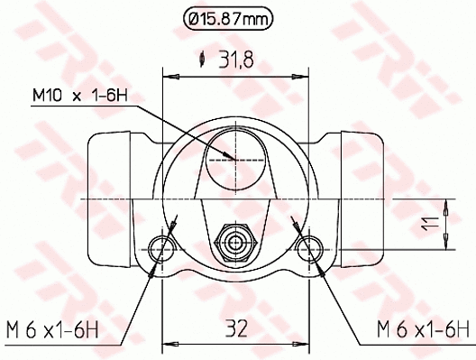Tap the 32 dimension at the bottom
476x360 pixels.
pyautogui.click(x=237, y=328)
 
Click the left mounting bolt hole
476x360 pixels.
pyautogui.click(x=163, y=246)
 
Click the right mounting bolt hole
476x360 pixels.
pyautogui.click(x=310, y=246)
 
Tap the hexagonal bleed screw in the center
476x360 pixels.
pyautogui.click(x=236, y=241)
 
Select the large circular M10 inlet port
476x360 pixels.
pyautogui.click(x=235, y=160)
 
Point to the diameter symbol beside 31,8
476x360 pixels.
pyautogui.click(x=204, y=60)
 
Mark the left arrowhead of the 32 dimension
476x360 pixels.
pyautogui.click(x=167, y=344)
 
